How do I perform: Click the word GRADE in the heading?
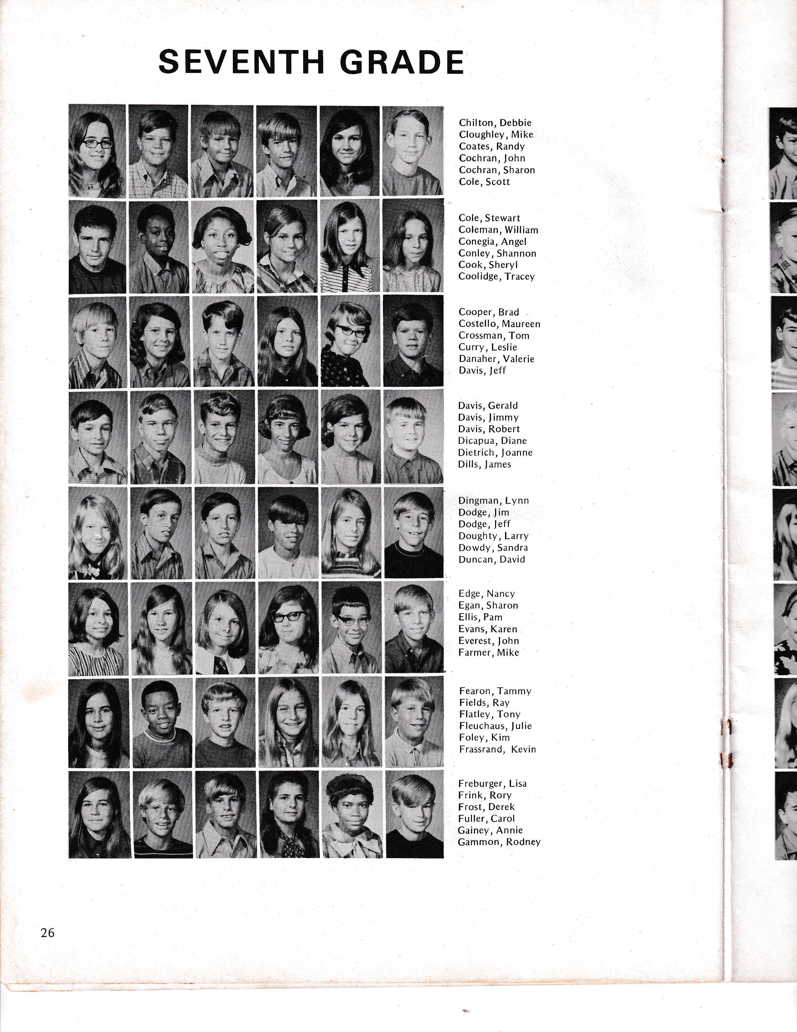pyautogui.click(x=402, y=62)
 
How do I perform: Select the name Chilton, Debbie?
pyautogui.click(x=495, y=123)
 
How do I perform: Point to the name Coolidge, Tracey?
pyautogui.click(x=496, y=276)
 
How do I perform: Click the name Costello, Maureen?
pyautogui.click(x=499, y=324)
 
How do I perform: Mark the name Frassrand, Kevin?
pyautogui.click(x=497, y=749)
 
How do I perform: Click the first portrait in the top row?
pyautogui.click(x=97, y=150)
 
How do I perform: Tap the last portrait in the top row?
pyautogui.click(x=413, y=150)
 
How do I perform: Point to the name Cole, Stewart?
pyautogui.click(x=489, y=218)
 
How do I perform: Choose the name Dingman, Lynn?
pyautogui.click(x=494, y=500)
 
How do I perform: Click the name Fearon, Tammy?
pyautogui.click(x=495, y=691)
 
